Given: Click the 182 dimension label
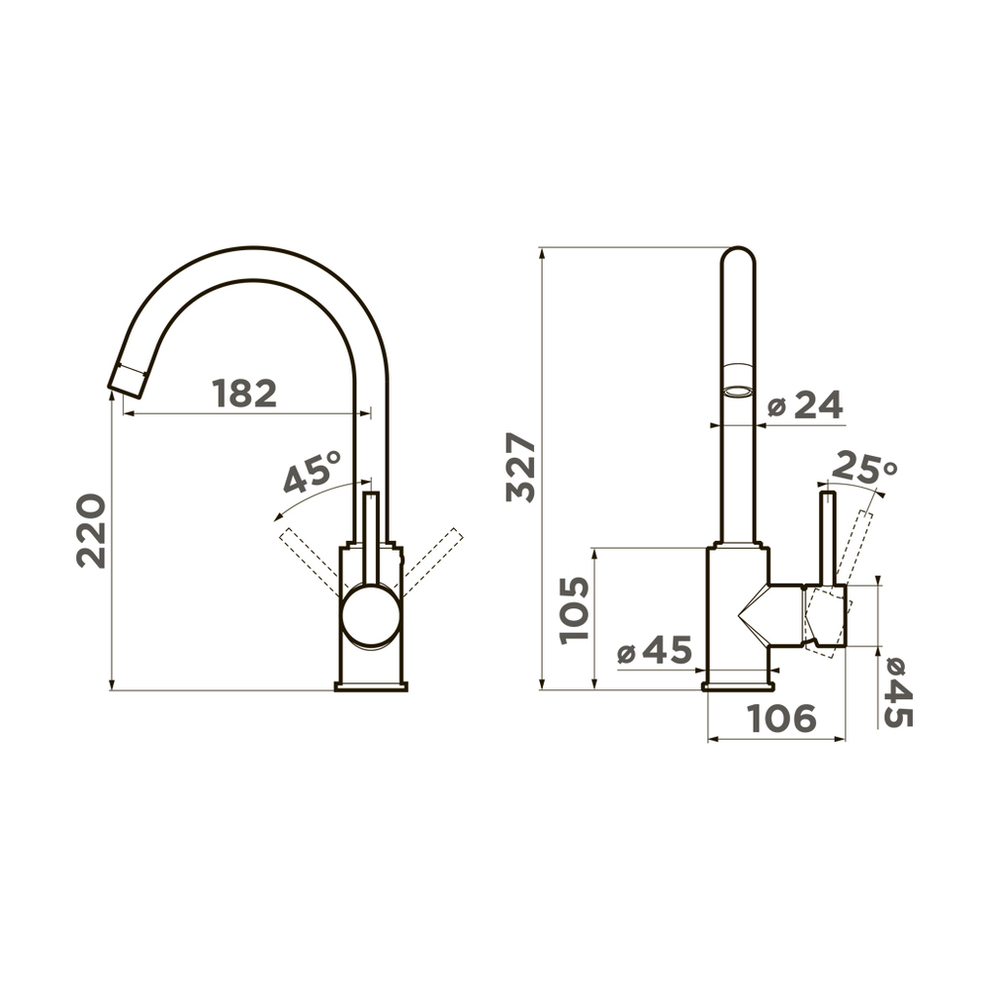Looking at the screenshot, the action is tap(244, 394).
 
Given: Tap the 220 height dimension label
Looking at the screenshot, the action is tap(91, 531).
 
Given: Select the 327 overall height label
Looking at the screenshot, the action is tap(521, 468).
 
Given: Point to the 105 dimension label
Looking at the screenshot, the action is tap(575, 610).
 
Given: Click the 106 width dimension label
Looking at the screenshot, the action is tap(781, 718).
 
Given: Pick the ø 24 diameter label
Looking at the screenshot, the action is tap(805, 405).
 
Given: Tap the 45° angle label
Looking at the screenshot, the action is tap(312, 471).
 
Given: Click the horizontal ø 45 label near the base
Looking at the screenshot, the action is tap(655, 650).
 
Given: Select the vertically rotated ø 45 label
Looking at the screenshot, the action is tap(898, 692).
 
